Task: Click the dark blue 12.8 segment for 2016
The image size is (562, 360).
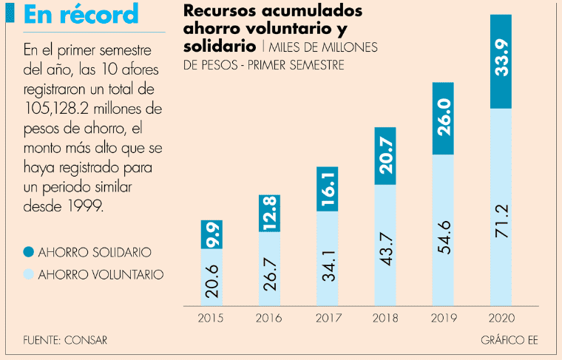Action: pos(270,214)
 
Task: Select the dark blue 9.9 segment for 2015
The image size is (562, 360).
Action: pos(212,234)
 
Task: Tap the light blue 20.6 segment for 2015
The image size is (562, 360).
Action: pos(212,276)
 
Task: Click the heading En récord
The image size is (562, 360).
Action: pos(81,14)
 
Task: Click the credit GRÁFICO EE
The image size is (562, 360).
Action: pos(511,341)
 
